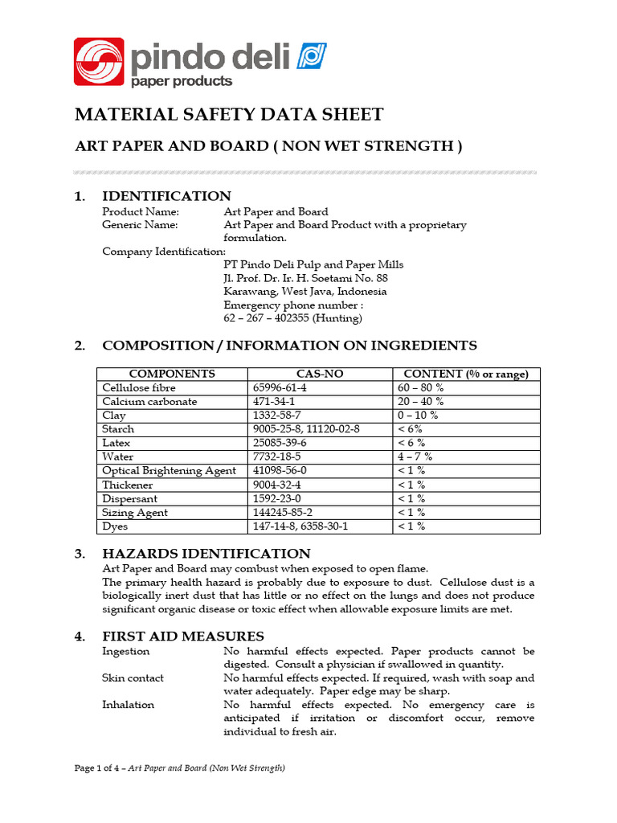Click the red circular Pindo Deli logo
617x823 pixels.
[100, 61]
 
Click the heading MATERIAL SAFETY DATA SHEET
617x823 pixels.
[229, 114]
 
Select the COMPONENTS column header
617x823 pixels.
[172, 374]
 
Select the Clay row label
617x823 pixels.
[114, 416]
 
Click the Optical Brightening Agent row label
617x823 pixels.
[169, 471]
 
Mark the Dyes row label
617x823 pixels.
[115, 526]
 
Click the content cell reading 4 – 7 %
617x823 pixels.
[415, 457]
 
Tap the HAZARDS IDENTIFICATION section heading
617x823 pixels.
[206, 553]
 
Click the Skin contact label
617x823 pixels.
[133, 678]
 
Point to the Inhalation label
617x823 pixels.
[128, 705]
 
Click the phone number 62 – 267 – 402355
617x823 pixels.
[292, 318]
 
